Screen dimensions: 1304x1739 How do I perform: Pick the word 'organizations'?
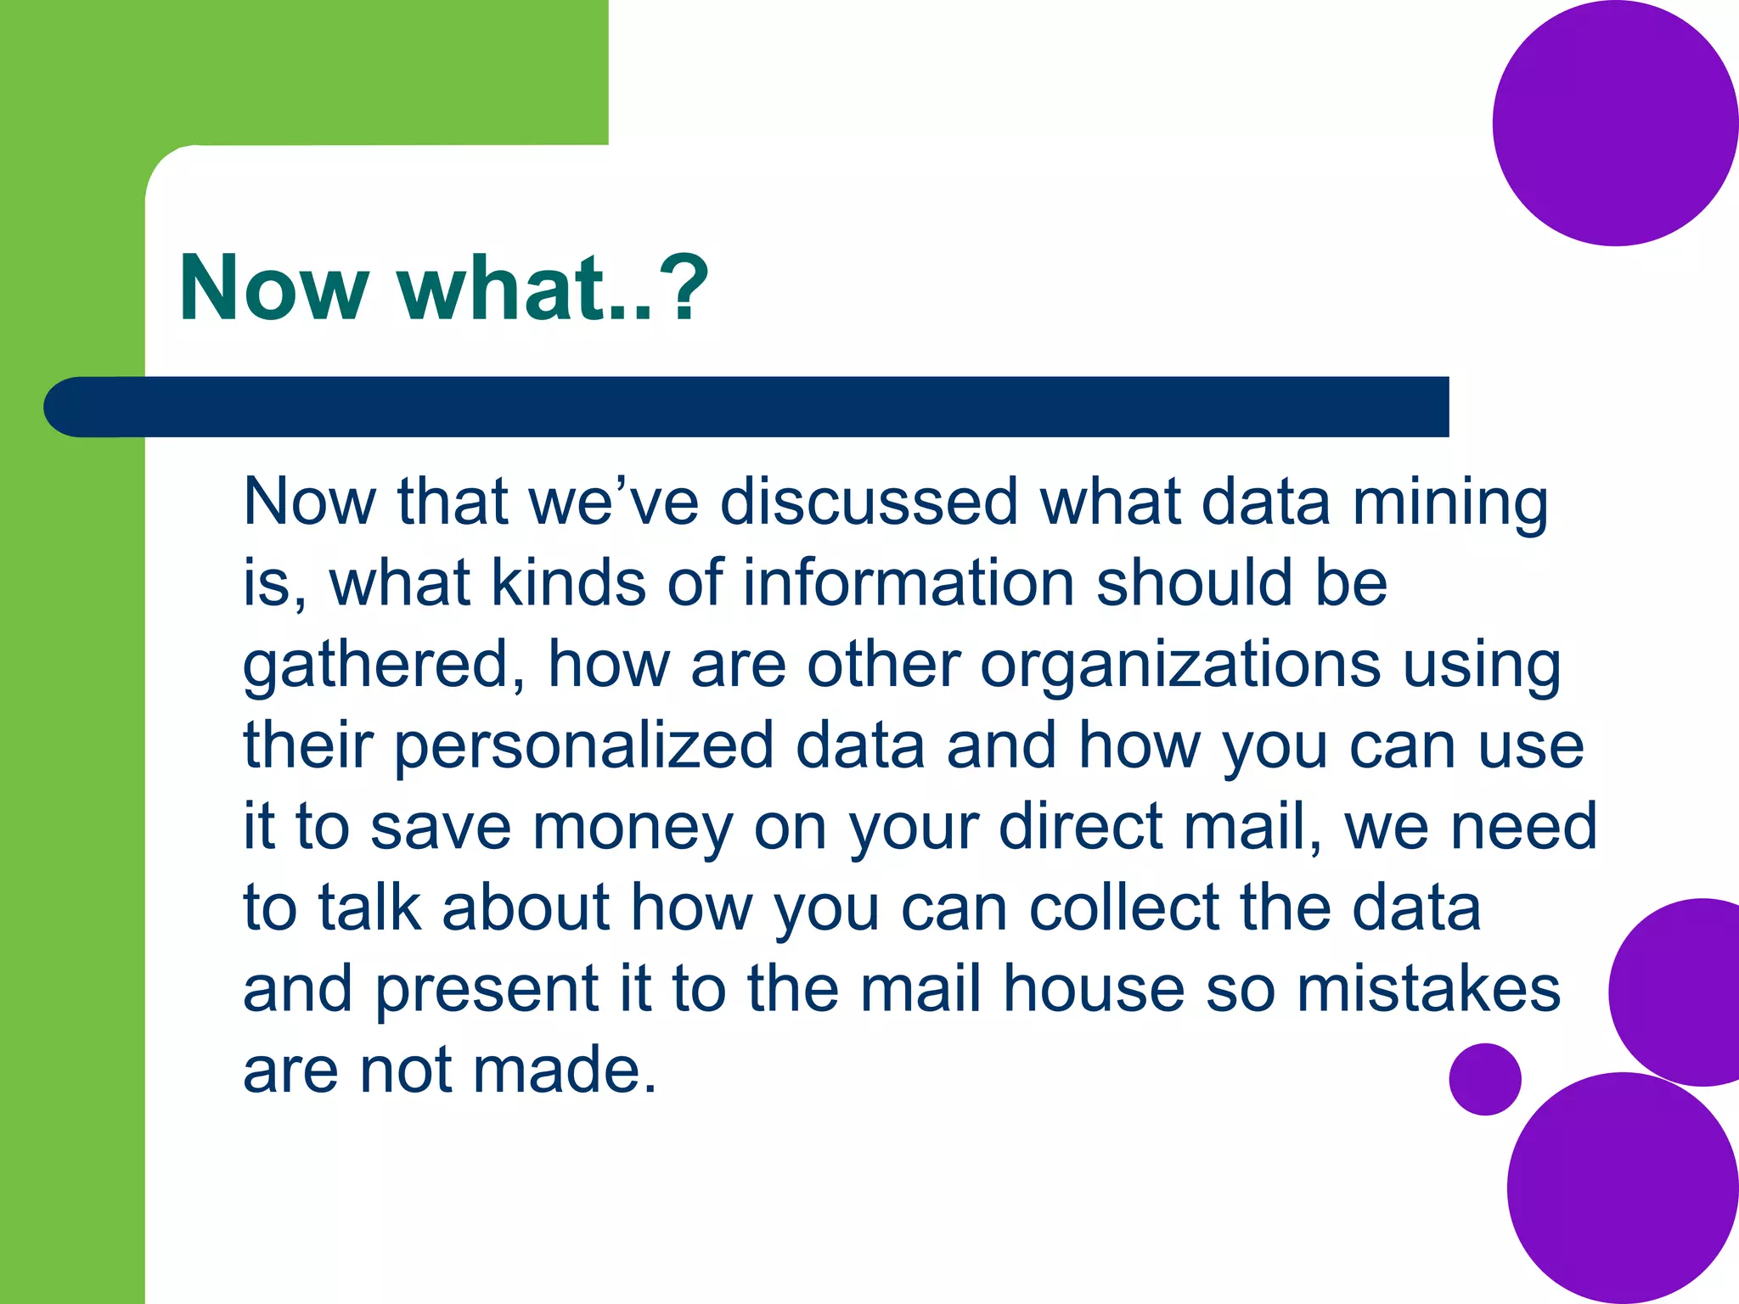1180,664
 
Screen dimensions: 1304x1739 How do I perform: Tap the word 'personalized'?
584,745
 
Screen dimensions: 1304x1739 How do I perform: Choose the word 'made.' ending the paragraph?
564,1070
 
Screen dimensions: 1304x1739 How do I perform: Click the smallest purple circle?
1485,1078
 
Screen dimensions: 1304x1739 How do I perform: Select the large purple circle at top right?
1613,123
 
